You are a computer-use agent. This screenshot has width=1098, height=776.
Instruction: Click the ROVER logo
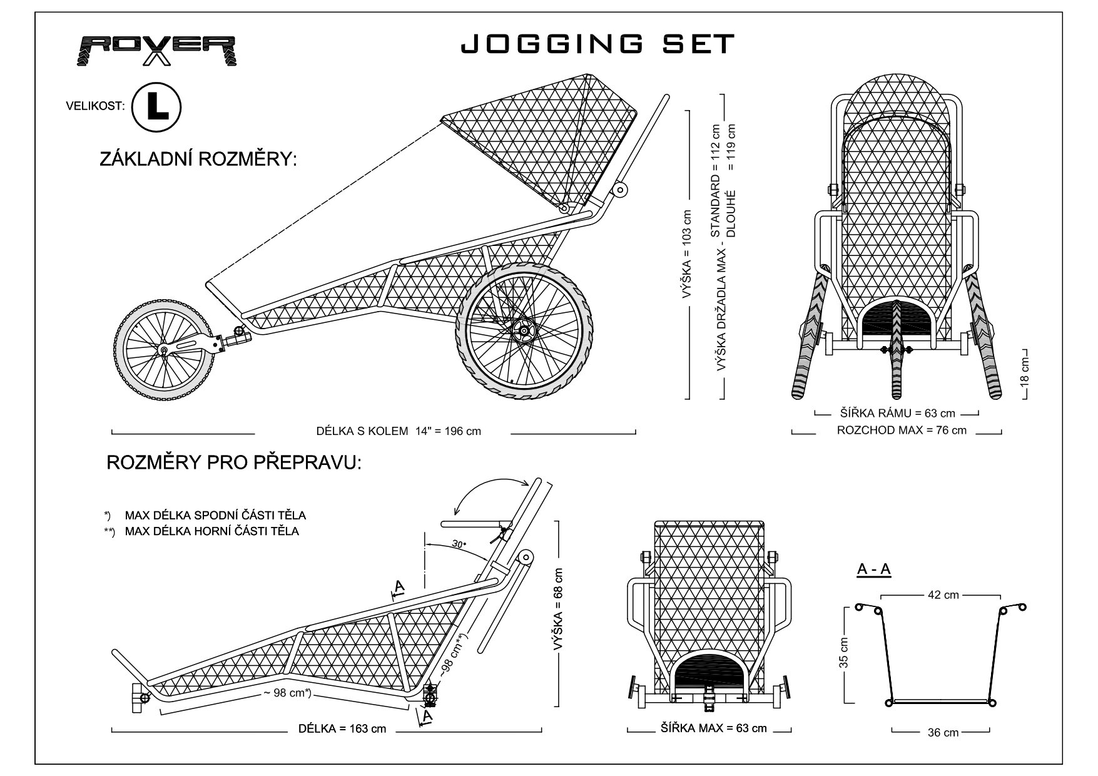tap(158, 50)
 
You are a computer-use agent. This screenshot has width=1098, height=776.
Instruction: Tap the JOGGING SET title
tap(597, 44)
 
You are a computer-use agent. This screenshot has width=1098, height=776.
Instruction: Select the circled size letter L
tap(156, 107)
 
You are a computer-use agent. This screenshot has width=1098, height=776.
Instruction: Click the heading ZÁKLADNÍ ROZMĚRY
tap(198, 159)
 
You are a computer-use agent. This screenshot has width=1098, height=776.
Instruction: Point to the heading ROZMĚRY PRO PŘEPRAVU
tap(234, 462)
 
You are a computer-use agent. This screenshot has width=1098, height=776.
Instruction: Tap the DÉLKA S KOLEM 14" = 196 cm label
tap(399, 431)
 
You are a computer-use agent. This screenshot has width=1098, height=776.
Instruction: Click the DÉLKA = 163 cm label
tap(342, 728)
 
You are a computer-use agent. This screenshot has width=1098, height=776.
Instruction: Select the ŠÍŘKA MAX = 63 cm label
tap(713, 728)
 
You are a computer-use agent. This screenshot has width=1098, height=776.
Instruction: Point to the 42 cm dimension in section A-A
tap(943, 595)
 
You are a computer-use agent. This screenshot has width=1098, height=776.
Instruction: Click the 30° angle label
tap(459, 545)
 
